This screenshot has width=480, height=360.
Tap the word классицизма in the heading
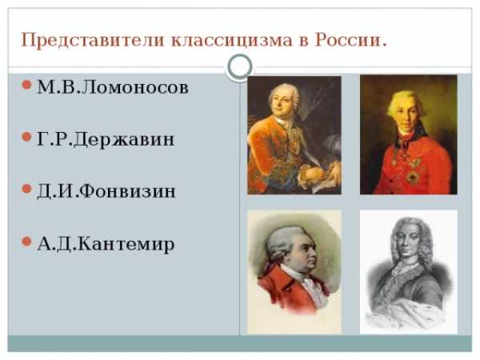[232, 41]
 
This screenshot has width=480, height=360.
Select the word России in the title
[347, 40]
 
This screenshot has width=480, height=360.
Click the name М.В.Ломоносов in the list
[113, 87]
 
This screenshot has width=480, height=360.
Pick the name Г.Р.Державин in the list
[106, 140]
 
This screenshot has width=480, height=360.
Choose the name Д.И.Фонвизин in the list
[106, 192]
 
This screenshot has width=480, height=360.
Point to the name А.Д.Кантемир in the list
[106, 244]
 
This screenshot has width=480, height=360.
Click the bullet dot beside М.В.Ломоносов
[27, 85]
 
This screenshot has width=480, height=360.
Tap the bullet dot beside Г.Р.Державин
[27, 137]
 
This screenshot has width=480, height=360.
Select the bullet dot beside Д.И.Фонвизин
[27, 189]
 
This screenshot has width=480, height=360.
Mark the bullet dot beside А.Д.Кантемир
[27, 242]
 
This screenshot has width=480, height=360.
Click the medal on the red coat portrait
[413, 177]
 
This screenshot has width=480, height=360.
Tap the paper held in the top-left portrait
[325, 186]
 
